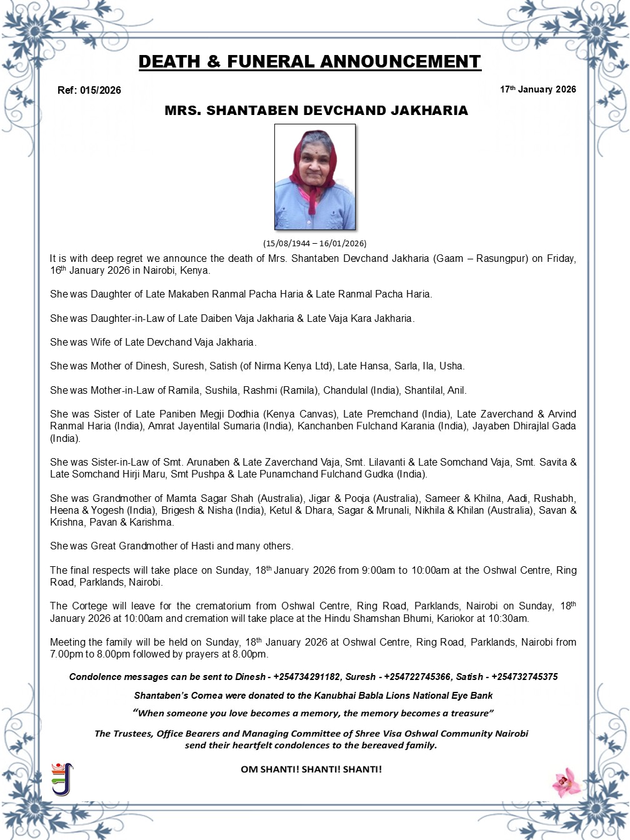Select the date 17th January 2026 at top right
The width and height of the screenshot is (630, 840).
(x=537, y=89)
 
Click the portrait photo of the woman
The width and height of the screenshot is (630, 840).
(x=315, y=177)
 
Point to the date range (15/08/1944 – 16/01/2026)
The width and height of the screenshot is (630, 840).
(x=315, y=243)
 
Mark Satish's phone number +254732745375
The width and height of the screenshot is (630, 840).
(x=524, y=677)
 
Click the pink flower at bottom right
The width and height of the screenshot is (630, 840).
(x=566, y=782)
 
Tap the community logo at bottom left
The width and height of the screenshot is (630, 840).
(x=62, y=779)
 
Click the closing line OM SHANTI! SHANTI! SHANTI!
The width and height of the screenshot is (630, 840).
(x=311, y=769)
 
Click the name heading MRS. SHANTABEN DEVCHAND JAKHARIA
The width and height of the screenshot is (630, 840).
(x=316, y=111)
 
